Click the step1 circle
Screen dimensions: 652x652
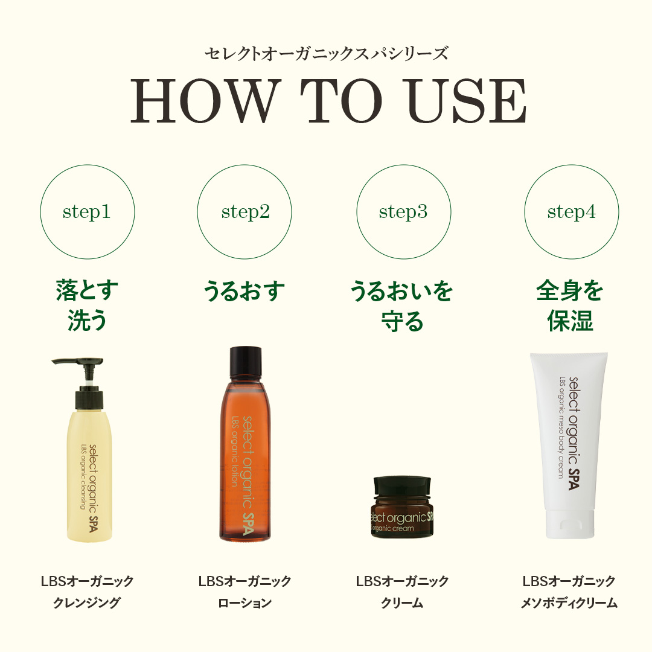[87, 212]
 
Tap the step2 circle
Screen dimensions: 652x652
[245, 212]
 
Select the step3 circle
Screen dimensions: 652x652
[403, 212]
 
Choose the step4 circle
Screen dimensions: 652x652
[571, 212]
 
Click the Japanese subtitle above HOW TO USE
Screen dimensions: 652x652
[326, 53]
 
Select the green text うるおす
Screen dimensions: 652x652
[245, 291]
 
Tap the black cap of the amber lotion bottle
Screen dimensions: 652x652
[246, 362]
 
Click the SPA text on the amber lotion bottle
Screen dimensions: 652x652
[246, 523]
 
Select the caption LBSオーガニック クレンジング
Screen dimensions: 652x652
[87, 592]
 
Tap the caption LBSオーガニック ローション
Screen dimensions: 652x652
[245, 592]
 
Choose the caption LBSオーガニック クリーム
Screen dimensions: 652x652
[402, 592]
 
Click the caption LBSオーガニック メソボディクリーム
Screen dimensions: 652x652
[569, 592]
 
